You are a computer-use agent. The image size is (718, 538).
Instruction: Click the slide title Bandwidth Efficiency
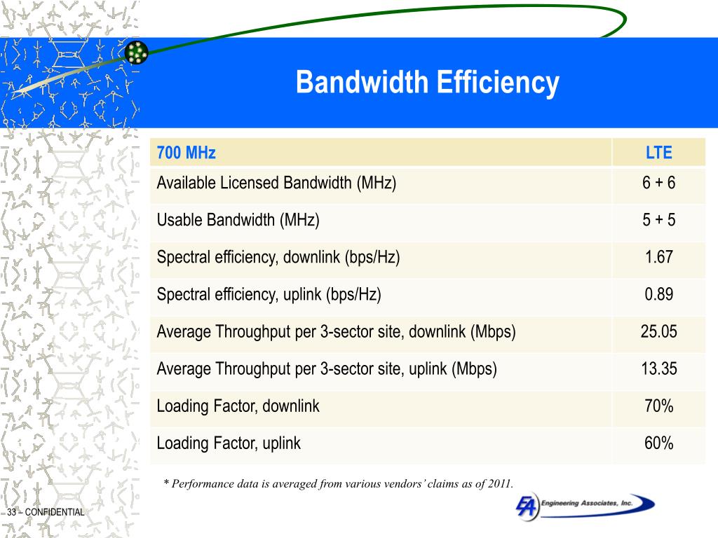(427, 83)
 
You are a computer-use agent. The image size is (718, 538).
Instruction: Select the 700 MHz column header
(186, 153)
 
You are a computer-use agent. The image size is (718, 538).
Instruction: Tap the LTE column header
(658, 153)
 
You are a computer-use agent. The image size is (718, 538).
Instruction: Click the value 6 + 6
(658, 184)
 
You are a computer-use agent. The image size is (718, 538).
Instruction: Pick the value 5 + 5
(658, 221)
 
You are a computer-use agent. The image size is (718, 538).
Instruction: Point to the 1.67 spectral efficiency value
(658, 258)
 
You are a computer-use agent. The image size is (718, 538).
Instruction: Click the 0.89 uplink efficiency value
(658, 295)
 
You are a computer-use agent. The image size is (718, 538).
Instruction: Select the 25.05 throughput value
(658, 332)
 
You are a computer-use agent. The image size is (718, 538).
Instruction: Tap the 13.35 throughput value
(658, 369)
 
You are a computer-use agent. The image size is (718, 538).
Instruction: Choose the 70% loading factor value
(658, 406)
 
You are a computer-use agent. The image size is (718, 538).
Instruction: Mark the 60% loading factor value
(658, 443)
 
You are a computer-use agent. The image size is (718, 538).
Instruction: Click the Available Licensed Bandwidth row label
(276, 184)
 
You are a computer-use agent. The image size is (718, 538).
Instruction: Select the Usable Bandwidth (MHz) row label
(238, 221)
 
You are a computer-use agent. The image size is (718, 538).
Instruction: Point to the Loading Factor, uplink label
(229, 443)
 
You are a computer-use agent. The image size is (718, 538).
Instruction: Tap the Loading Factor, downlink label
(238, 406)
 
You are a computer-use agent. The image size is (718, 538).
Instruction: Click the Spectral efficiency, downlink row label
(278, 258)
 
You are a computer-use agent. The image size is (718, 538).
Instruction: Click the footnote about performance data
(338, 483)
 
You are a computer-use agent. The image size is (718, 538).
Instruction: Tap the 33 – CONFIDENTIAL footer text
(46, 513)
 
